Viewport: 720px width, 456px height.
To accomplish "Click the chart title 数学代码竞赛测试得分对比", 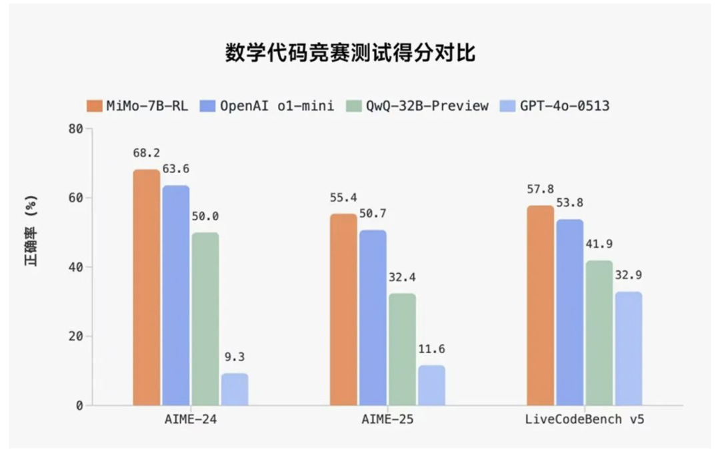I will [350, 53].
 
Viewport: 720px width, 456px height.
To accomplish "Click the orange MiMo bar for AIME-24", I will [147, 288].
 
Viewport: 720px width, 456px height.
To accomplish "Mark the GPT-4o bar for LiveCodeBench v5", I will [629, 349].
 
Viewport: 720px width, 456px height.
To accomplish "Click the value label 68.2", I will [146, 154].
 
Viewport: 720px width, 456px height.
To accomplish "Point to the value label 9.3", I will [235, 358].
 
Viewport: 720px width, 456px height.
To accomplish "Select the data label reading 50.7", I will [373, 214].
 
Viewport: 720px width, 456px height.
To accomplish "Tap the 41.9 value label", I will [599, 244].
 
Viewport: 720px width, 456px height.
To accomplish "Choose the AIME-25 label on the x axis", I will [387, 421].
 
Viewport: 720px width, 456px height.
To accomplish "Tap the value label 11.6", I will [431, 350].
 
